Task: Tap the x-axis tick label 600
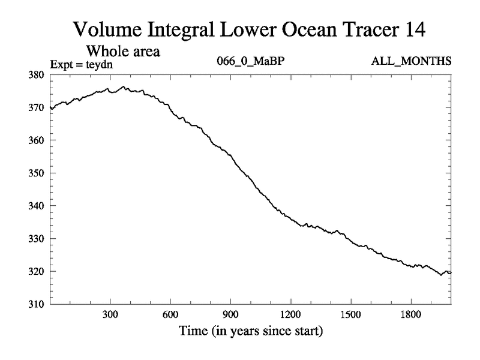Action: click(170, 314)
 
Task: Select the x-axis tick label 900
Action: click(230, 314)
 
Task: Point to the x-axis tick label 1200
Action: click(290, 314)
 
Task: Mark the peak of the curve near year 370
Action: click(124, 86)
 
